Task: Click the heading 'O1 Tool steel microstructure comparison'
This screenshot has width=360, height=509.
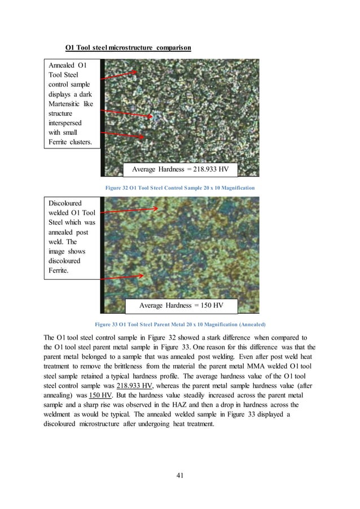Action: coord(128,47)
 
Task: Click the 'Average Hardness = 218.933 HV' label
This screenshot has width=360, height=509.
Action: coord(183,169)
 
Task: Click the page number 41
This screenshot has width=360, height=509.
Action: coord(180,476)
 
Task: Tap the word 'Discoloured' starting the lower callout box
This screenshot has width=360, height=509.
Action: coord(65,203)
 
